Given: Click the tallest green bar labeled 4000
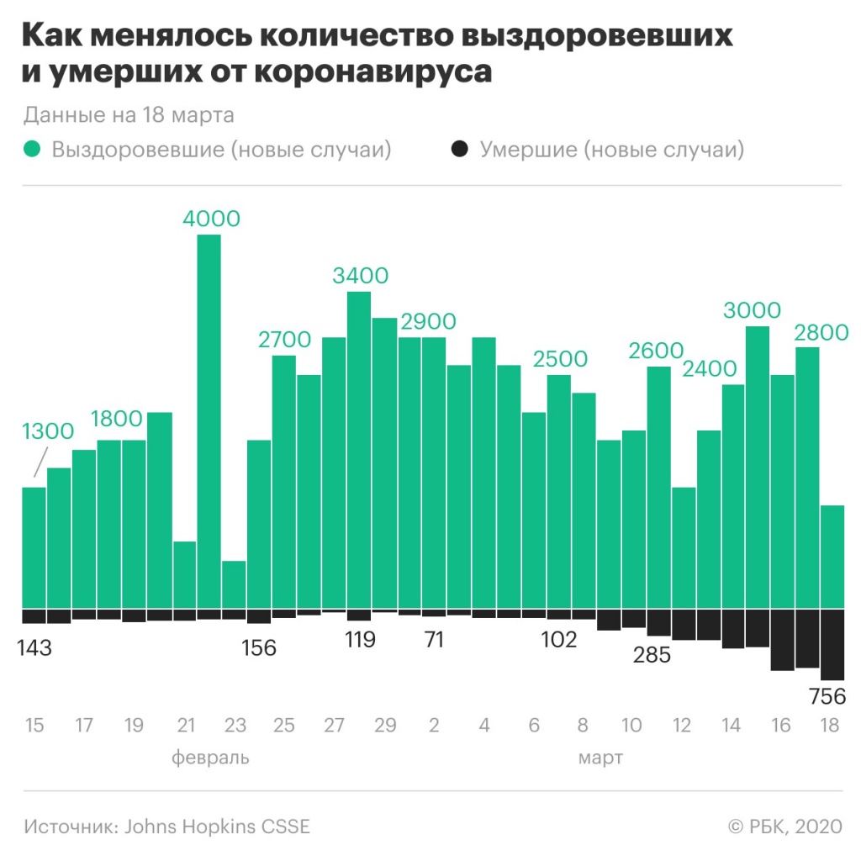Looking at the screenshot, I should [x=209, y=420].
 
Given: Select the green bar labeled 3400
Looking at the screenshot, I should [x=359, y=450].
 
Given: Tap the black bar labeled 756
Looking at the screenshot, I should [x=832, y=643].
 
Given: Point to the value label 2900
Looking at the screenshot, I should [x=428, y=321].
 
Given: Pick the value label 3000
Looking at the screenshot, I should [x=752, y=309].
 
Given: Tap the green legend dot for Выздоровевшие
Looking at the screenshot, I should [x=33, y=150].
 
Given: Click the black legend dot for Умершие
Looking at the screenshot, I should [x=459, y=150].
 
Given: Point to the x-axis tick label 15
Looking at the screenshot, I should [x=34, y=725].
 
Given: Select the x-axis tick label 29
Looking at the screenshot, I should [x=384, y=725].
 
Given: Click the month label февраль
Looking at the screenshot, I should [x=210, y=758].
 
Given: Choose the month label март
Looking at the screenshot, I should [x=600, y=758].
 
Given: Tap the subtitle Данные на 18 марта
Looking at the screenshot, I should [x=129, y=114].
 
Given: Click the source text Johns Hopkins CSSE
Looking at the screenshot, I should [x=217, y=826].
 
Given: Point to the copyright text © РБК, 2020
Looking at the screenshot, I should [x=784, y=826].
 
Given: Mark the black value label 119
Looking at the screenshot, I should [x=359, y=639].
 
